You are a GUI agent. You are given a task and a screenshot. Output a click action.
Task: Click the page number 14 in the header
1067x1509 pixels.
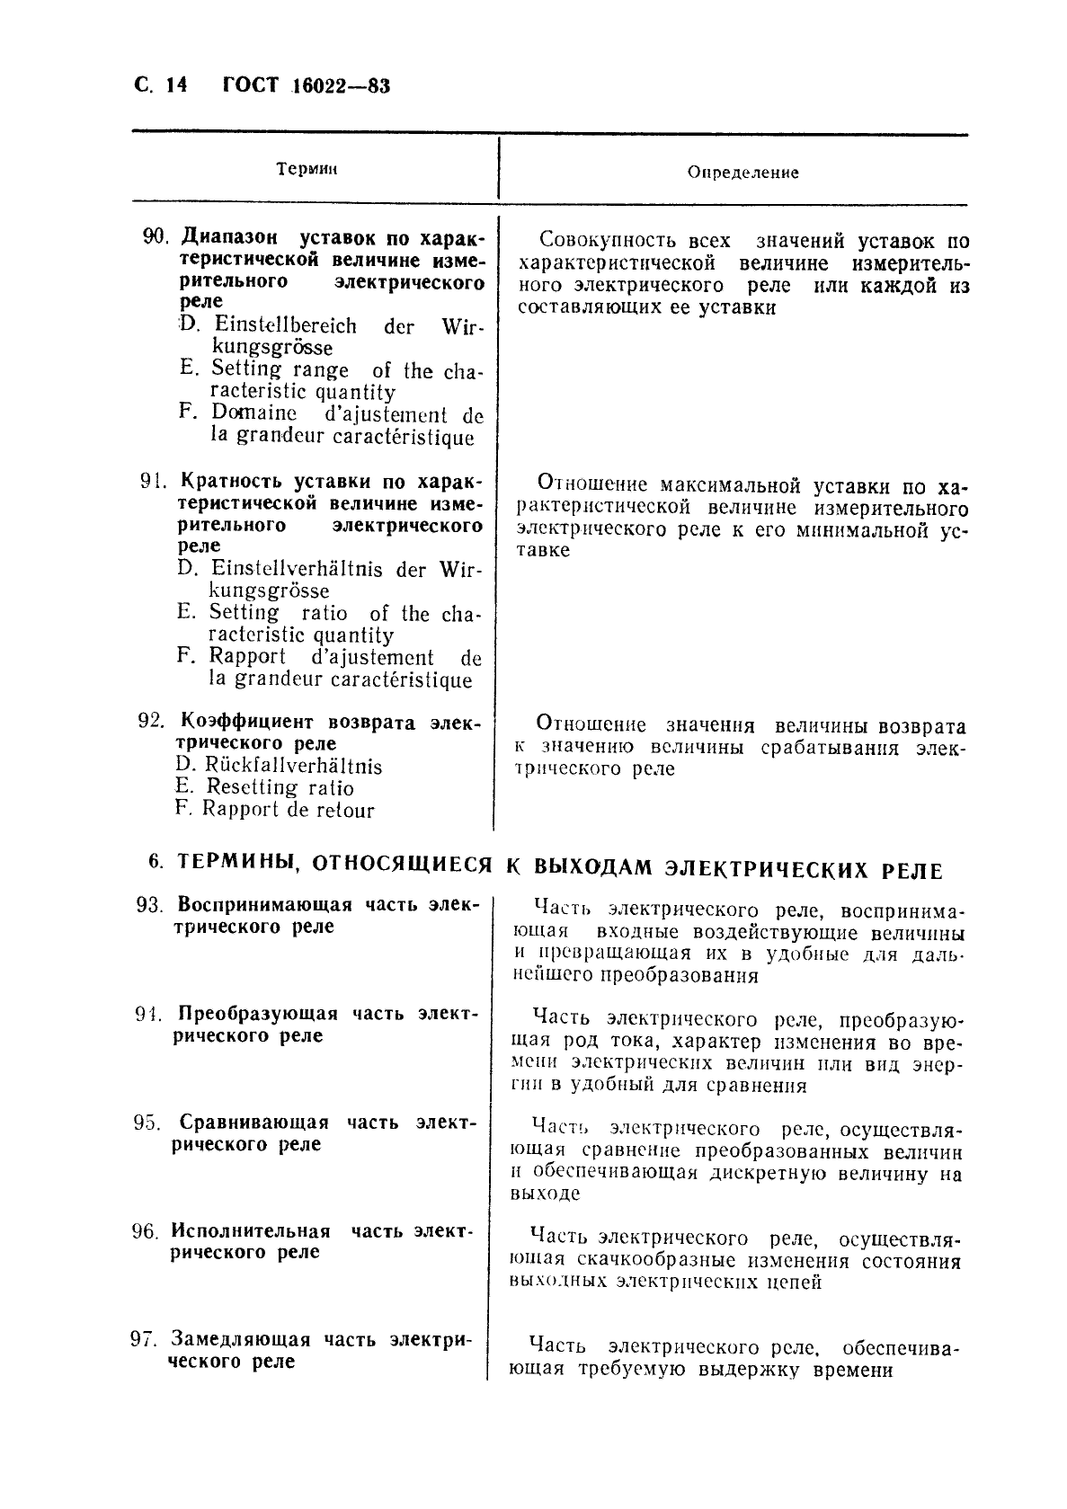tap(175, 86)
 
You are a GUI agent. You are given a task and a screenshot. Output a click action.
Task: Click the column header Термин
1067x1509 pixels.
tap(306, 169)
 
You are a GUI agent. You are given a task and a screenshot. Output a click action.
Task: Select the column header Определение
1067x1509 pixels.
tap(742, 172)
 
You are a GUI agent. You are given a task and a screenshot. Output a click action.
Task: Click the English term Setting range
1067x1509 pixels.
tap(280, 369)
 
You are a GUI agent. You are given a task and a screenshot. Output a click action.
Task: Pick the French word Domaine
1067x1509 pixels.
tap(254, 413)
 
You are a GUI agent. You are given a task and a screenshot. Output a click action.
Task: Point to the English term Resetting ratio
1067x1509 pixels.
tap(280, 787)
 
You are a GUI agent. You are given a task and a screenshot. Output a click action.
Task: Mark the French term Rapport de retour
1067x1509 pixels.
tap(288, 809)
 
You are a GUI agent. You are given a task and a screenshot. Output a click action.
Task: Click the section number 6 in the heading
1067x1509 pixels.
tap(155, 862)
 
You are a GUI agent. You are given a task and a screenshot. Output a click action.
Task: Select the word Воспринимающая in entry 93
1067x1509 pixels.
tap(265, 904)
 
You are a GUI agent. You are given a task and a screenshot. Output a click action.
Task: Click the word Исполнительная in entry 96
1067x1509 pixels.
tap(251, 1231)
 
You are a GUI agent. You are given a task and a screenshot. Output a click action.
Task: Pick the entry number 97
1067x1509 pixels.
tap(145, 1339)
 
